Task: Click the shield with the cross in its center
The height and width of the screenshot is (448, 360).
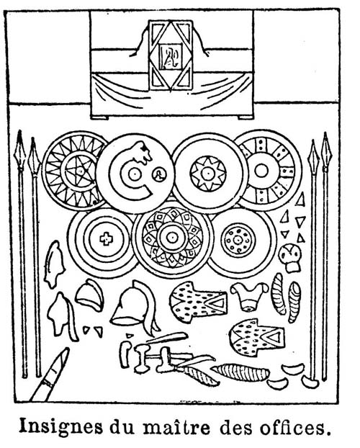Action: tap(103, 239)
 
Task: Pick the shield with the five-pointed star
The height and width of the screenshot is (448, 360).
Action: tap(75, 171)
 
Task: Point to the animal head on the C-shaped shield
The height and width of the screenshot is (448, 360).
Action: tap(142, 152)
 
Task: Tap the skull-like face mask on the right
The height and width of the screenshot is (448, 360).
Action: tap(290, 257)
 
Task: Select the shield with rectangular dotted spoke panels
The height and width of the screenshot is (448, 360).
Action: tap(268, 171)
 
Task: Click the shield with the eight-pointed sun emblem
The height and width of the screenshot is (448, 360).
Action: tap(210, 174)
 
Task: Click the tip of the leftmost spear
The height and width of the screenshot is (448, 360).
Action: tap(19, 131)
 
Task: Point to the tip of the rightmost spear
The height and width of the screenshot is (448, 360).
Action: tap(325, 133)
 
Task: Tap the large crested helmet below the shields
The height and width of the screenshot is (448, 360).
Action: tap(135, 307)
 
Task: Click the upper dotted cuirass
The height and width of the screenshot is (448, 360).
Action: tap(198, 302)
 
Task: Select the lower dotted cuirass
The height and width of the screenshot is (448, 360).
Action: tap(256, 337)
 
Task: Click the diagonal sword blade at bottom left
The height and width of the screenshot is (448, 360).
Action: tap(50, 375)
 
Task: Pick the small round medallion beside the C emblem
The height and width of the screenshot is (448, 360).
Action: tap(159, 174)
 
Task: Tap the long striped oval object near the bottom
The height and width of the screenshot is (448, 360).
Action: tap(240, 372)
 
